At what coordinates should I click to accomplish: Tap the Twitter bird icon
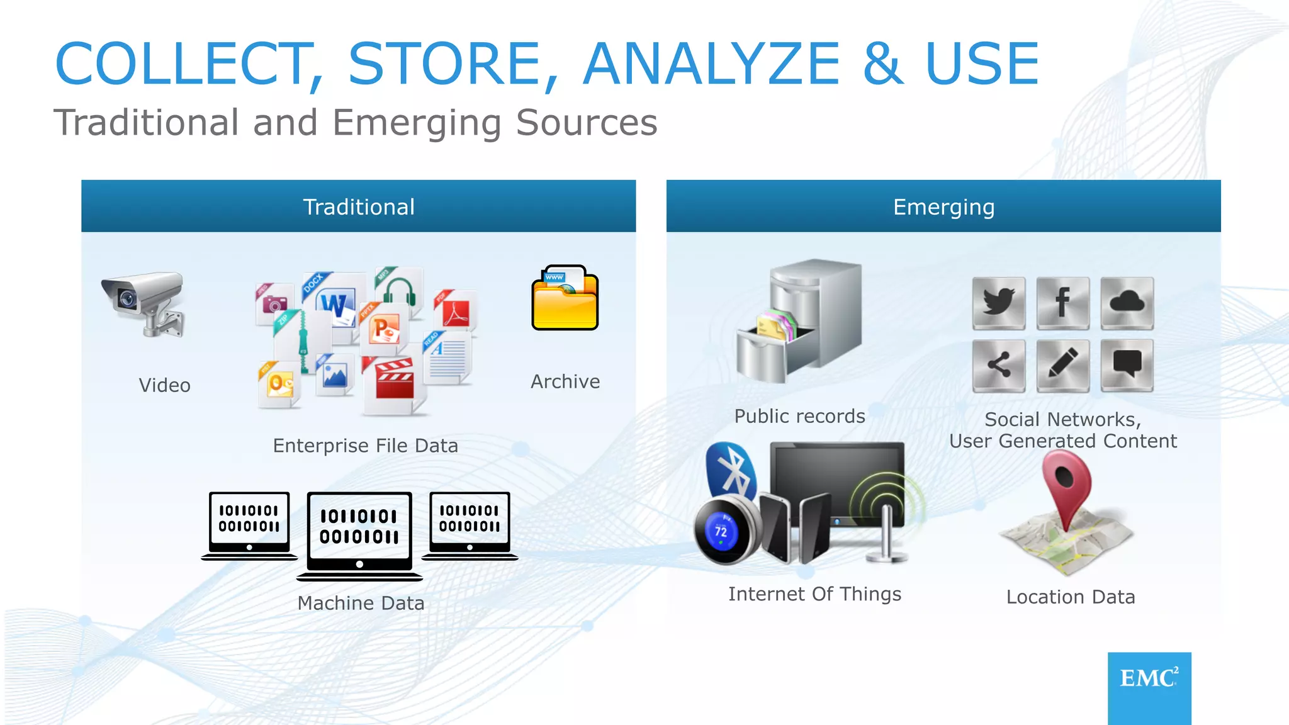(x=999, y=303)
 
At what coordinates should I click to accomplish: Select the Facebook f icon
(x=1063, y=303)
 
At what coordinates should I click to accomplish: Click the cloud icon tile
(x=1127, y=303)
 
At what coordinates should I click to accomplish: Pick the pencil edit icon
(x=1063, y=365)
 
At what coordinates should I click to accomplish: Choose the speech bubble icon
(x=1127, y=365)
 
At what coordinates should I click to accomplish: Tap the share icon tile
(x=999, y=365)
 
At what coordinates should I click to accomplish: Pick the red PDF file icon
(x=456, y=312)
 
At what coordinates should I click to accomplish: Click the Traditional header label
(x=359, y=207)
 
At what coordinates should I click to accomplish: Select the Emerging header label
(x=943, y=207)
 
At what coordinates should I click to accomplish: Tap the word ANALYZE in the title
(x=711, y=64)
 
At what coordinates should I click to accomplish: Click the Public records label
(x=799, y=416)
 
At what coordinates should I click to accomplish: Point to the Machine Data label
(x=361, y=603)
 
